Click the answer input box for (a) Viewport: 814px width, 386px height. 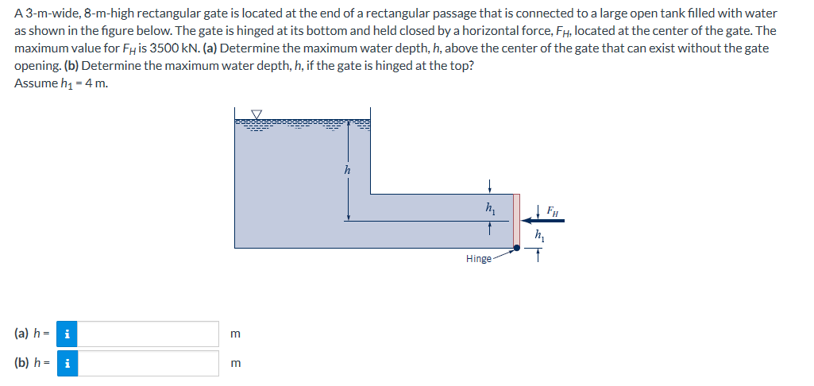coord(149,334)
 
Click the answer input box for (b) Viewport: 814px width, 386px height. coord(149,363)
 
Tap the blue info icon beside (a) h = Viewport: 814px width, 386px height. coord(68,334)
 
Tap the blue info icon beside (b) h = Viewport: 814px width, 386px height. coord(68,363)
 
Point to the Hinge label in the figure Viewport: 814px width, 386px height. coord(478,259)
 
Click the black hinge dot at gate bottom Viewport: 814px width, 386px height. coord(517,248)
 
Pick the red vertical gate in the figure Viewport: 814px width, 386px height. coord(517,219)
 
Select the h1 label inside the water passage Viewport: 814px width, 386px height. coord(490,207)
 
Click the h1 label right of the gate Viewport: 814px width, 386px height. coord(540,235)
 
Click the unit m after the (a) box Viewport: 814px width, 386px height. coord(234,334)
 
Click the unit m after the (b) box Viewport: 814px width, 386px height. coord(234,364)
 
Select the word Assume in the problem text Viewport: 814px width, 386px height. coord(35,83)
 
